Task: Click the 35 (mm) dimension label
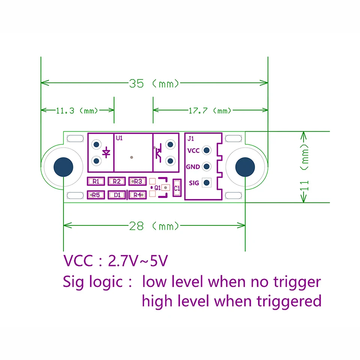154,83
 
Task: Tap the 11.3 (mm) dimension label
77,111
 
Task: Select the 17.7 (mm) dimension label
210,111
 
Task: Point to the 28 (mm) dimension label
154,226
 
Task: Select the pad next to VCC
206,150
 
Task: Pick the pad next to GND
206,166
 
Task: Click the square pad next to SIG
206,183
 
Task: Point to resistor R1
96,181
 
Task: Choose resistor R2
117,181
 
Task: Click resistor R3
137,181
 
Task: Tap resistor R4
137,195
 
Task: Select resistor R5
96,195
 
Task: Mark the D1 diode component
117,195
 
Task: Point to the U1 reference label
119,138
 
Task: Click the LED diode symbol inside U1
106,152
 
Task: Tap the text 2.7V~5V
137,261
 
